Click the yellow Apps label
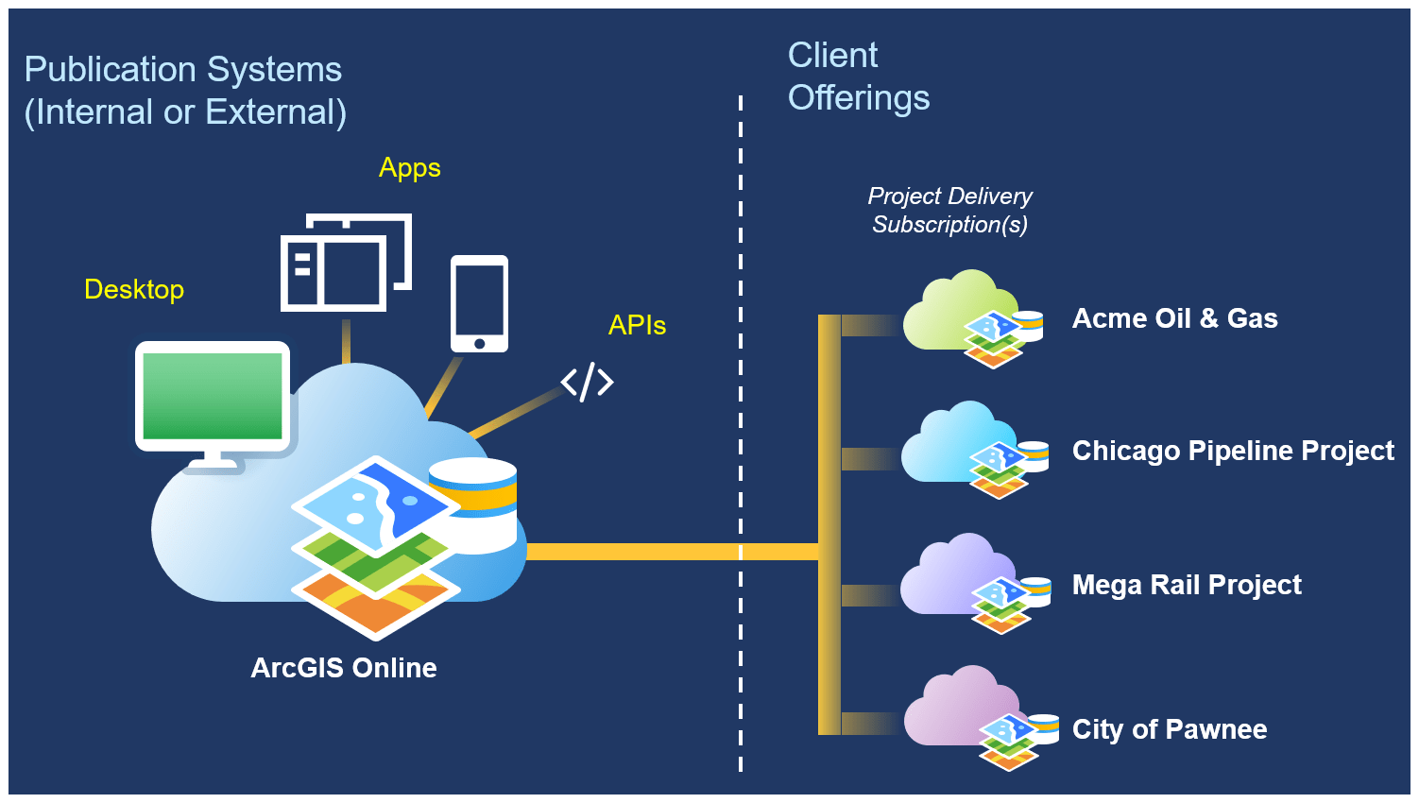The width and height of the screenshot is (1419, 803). coord(409,168)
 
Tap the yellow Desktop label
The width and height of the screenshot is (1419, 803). coord(134,289)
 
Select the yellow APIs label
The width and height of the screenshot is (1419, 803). coord(637,325)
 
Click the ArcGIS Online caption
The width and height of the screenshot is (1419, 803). coord(344,668)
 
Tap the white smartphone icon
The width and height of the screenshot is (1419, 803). coord(479,303)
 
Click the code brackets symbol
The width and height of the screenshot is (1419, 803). coord(587,382)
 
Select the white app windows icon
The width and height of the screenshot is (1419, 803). coord(346,262)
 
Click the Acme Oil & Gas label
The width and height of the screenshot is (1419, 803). coord(1174,318)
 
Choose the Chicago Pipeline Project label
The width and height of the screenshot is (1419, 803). coord(1233,451)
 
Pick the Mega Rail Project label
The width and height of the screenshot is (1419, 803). coord(1187,585)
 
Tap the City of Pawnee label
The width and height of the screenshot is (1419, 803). coord(1170,729)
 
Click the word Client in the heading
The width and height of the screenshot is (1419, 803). coord(832,56)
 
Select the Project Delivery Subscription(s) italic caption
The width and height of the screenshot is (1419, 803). coord(949,210)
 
